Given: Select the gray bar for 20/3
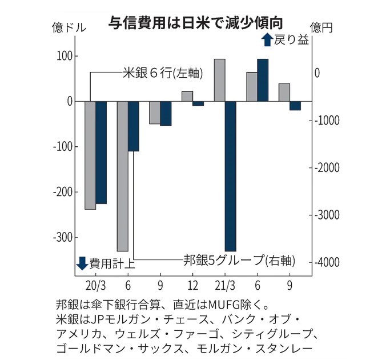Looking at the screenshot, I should pyautogui.click(x=90, y=155).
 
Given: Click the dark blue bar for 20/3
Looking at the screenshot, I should pyautogui.click(x=101, y=152).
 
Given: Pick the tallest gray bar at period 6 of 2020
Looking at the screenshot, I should pyautogui.click(x=122, y=176).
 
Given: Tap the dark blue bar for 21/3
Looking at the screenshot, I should pyautogui.click(x=230, y=176).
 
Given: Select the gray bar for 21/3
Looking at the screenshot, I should pyautogui.click(x=219, y=80).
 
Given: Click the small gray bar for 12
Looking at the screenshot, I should pyautogui.click(x=187, y=96).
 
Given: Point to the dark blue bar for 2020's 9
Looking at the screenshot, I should pyautogui.click(x=166, y=113).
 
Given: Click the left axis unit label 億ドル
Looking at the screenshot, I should pyautogui.click(x=66, y=26).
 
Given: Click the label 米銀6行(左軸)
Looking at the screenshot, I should pyautogui.click(x=163, y=73).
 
